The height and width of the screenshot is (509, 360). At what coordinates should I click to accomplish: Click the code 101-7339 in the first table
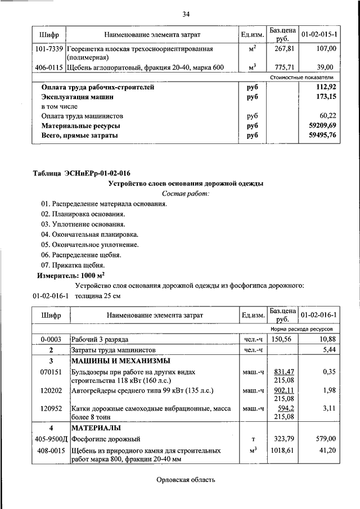point(49,49)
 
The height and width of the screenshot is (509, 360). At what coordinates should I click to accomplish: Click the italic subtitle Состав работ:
point(185,193)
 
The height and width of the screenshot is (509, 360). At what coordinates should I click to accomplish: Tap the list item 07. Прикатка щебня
point(73,265)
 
